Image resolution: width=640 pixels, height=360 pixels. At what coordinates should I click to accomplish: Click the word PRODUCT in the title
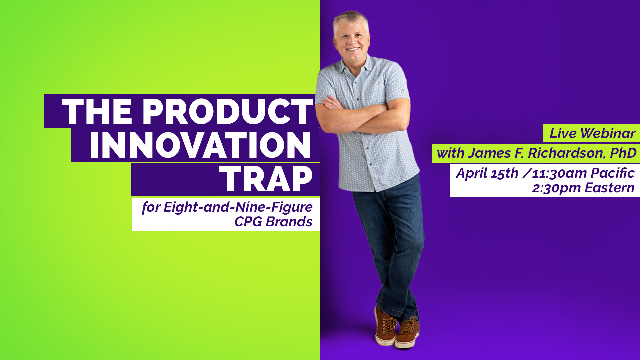coord(228,111)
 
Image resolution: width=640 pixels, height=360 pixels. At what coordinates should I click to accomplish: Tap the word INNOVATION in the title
coord(200,145)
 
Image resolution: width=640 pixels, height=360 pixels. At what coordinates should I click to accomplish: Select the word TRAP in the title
coord(266,179)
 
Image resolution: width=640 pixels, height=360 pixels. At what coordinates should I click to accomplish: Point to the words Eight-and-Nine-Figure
coord(238,207)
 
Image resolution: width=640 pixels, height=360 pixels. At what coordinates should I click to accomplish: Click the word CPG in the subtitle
coord(248,222)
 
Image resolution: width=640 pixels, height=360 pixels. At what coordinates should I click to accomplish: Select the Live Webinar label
coord(592,133)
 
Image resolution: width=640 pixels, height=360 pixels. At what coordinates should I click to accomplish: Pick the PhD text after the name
coord(623,153)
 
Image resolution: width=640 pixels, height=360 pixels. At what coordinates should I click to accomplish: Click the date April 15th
coord(487,173)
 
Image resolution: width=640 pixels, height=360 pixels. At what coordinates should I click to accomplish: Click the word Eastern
coord(609,188)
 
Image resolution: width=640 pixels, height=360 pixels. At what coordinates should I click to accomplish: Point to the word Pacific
coord(613,173)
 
